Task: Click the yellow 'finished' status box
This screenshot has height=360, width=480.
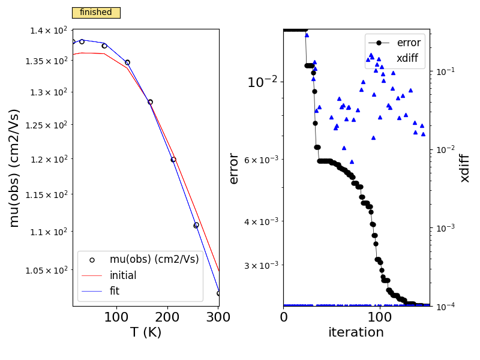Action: coord(96,13)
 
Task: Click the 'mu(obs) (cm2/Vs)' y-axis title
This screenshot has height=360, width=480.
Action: coord(14,168)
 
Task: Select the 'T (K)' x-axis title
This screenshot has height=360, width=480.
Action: coord(146,332)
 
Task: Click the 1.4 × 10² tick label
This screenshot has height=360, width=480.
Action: coord(51,31)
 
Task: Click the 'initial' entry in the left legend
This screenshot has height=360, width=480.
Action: coord(122,275)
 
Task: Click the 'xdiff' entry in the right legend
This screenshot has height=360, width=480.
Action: coord(407,58)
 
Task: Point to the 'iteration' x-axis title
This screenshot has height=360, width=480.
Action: coord(356,332)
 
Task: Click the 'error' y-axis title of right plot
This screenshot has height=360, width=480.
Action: coord(234,168)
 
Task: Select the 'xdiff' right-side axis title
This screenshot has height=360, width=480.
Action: coord(465,168)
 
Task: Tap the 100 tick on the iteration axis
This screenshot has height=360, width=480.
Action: coord(379,316)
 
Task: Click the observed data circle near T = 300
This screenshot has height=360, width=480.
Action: coord(219,293)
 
